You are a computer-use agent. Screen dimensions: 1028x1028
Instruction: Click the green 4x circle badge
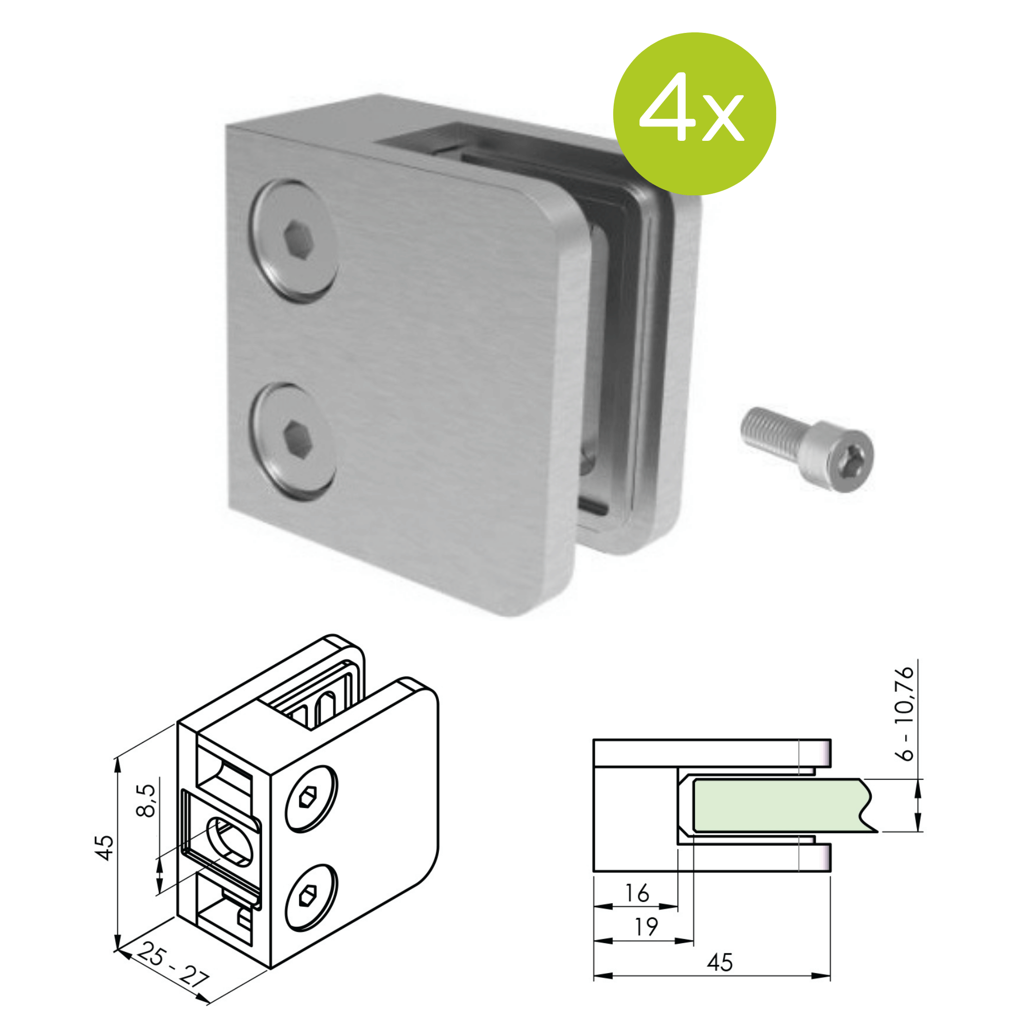pos(694,114)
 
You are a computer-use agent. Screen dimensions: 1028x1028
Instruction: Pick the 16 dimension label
pos(637,893)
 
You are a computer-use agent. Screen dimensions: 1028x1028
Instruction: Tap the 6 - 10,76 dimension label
pos(905,714)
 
